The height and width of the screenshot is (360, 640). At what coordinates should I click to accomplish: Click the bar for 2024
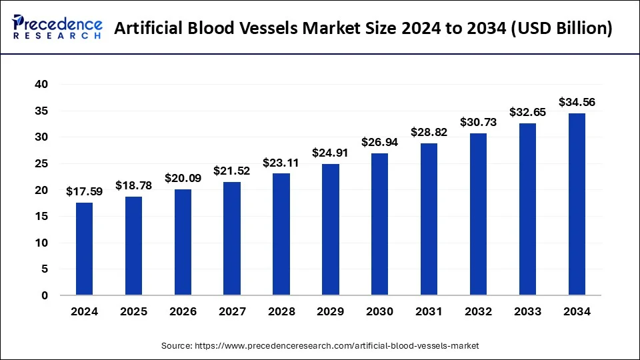(x=84, y=249)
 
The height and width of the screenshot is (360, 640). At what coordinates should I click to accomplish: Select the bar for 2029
(x=330, y=229)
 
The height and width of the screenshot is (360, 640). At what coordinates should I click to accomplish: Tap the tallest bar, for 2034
(x=577, y=204)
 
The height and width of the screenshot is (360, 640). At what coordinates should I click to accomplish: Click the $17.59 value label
(x=84, y=192)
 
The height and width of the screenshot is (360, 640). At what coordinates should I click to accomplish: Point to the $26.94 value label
(x=379, y=142)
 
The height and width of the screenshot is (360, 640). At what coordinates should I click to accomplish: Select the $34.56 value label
(x=577, y=102)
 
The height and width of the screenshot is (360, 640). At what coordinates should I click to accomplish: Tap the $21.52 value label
(x=232, y=171)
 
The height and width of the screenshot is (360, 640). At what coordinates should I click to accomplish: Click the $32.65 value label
(x=527, y=112)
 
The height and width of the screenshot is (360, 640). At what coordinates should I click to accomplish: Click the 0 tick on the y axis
(x=44, y=295)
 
